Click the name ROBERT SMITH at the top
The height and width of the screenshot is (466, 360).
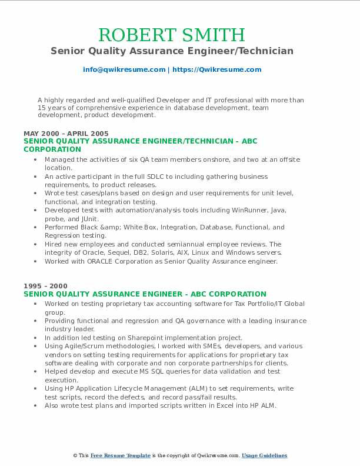click(172, 35)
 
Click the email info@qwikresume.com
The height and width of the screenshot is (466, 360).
click(124, 69)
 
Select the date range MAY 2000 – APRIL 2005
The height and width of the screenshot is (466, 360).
click(66, 134)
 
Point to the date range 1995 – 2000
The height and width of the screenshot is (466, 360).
click(45, 287)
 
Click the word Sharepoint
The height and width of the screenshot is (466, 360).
click(145, 338)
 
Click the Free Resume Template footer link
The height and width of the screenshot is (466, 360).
click(121, 455)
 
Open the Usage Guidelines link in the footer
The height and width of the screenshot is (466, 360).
click(264, 455)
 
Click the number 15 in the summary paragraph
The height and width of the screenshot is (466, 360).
click(41, 108)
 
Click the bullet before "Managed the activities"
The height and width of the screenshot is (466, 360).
click(36, 159)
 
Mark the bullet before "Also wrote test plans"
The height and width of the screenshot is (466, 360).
click(36, 405)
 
